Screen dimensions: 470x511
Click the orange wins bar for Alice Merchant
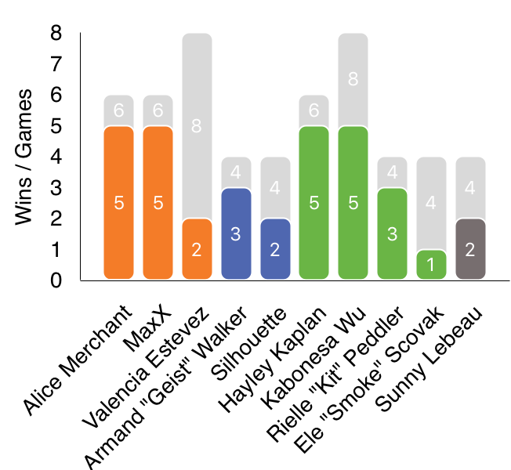119,202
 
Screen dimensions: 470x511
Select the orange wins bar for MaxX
158,202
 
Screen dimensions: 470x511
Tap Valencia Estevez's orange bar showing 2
198,248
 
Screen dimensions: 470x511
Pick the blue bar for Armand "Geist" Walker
236,233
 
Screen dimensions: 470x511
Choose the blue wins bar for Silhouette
275,248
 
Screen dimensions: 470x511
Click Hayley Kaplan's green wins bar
314,202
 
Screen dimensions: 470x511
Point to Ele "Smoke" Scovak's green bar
431,264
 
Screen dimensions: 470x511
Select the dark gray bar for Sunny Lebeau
470,248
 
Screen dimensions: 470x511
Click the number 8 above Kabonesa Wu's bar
353,79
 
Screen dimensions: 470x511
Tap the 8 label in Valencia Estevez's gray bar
198,126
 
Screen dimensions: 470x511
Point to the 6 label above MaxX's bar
158,110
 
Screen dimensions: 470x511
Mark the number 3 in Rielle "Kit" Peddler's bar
392,234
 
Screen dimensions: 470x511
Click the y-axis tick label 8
56,34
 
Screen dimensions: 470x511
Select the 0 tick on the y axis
56,280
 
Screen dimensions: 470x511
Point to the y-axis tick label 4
56,157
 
